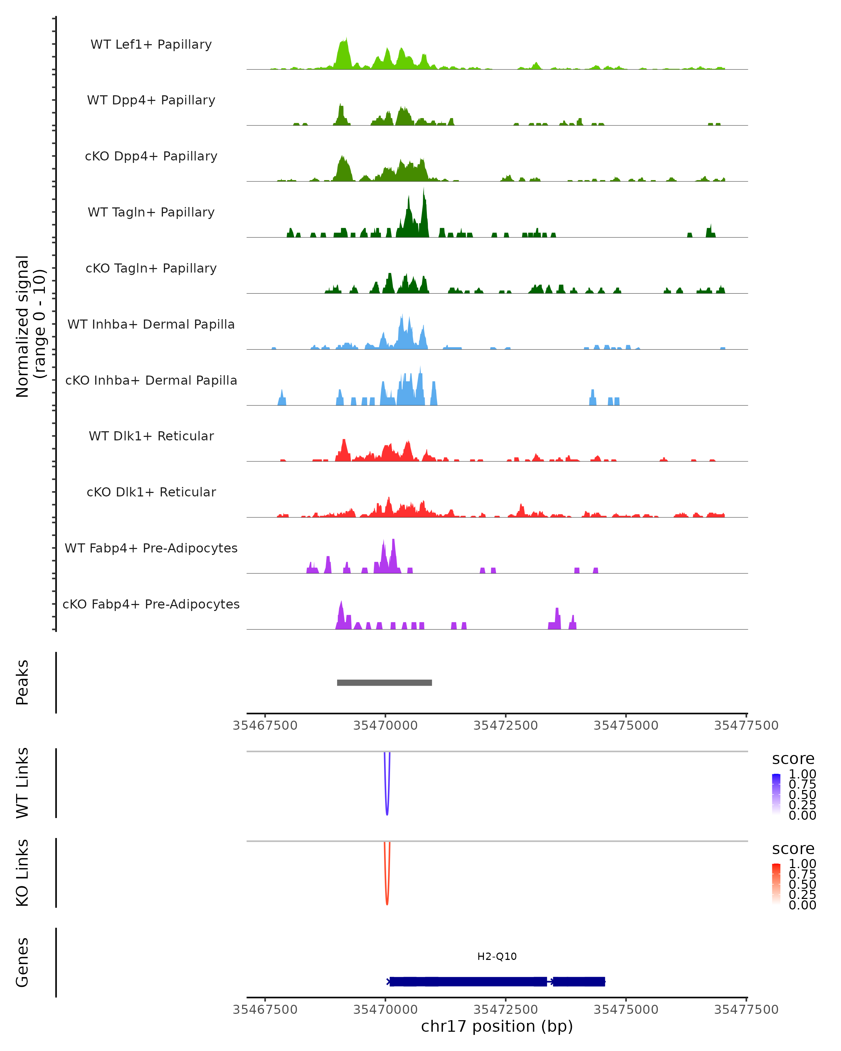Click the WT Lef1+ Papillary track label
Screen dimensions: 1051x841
point(151,44)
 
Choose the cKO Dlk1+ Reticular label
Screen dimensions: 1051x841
point(151,492)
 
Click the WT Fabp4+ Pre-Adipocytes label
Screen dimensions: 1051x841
point(151,548)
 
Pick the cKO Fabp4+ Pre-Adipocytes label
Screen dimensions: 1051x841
point(151,604)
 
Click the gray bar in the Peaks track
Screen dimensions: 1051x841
point(384,682)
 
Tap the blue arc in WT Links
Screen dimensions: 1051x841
point(387,809)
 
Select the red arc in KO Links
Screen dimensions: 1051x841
point(387,899)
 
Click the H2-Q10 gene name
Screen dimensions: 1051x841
point(497,956)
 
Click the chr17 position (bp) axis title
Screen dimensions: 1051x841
point(497,1026)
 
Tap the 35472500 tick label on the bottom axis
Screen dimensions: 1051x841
point(506,1010)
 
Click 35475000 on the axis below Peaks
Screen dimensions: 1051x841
point(626,726)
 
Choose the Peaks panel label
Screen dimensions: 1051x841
point(22,682)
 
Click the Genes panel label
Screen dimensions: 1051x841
point(22,962)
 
